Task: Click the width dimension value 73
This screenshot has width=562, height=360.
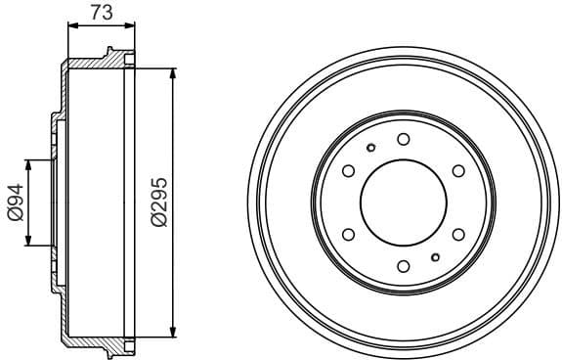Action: pyautogui.click(x=100, y=13)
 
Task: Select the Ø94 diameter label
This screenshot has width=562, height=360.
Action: pyautogui.click(x=15, y=202)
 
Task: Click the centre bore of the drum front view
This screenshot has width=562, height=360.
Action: pyautogui.click(x=403, y=202)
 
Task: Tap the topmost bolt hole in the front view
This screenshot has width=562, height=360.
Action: pyautogui.click(x=403, y=139)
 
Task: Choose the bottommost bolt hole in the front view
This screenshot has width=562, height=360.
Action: pyautogui.click(x=403, y=266)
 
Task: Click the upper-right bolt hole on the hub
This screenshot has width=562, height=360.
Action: pyautogui.click(x=457, y=171)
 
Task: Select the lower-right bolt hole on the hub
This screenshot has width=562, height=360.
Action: pyautogui.click(x=457, y=235)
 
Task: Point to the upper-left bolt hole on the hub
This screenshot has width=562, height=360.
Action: pyautogui.click(x=348, y=171)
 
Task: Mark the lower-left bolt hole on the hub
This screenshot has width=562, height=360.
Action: pyautogui.click(x=348, y=235)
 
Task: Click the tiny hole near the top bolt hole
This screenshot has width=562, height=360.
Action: pyautogui.click(x=370, y=149)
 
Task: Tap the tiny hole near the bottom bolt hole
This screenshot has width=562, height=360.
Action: pyautogui.click(x=435, y=257)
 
